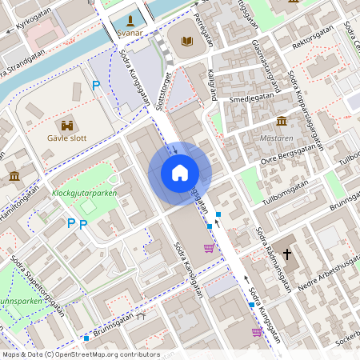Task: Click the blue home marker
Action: click(x=180, y=172)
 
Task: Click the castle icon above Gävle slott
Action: click(x=67, y=125)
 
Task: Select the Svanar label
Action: click(x=130, y=33)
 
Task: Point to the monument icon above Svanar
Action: click(x=130, y=20)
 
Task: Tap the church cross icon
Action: click(x=286, y=252)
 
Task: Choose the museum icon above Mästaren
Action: click(x=282, y=121)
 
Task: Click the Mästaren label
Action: click(x=278, y=138)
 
